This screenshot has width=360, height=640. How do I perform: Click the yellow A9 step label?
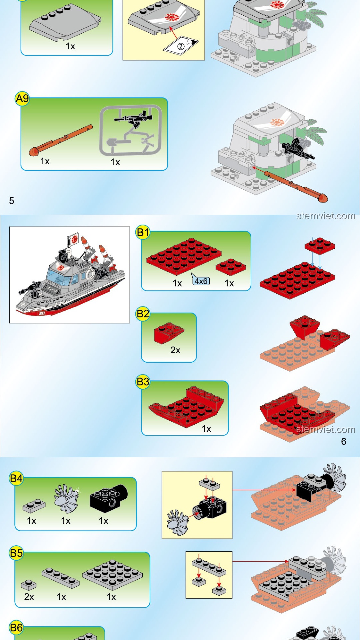click(x=22, y=99)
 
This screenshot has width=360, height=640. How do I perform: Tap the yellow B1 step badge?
click(x=143, y=232)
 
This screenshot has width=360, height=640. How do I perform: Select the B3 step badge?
click(x=143, y=382)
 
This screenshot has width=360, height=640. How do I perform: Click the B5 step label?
click(x=16, y=553)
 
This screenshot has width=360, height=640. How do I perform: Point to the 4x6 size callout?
click(x=201, y=281)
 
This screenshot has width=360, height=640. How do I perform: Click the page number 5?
click(x=12, y=201)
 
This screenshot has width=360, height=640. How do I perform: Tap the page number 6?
click(x=344, y=441)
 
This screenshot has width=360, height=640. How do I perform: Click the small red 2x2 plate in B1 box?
click(x=231, y=266)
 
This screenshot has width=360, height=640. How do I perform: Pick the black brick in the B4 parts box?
click(x=109, y=498)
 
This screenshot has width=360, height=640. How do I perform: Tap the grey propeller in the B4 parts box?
click(x=67, y=499)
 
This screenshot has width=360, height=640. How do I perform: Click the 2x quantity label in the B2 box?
click(x=175, y=350)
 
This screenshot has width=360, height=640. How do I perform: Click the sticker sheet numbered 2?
click(x=181, y=45)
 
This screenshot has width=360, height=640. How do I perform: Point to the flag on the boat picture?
click(x=73, y=239)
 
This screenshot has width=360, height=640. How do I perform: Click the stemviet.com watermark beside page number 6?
click(x=326, y=429)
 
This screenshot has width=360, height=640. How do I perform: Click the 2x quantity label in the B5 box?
click(x=29, y=597)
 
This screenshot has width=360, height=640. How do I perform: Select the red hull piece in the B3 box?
click(x=186, y=407)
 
